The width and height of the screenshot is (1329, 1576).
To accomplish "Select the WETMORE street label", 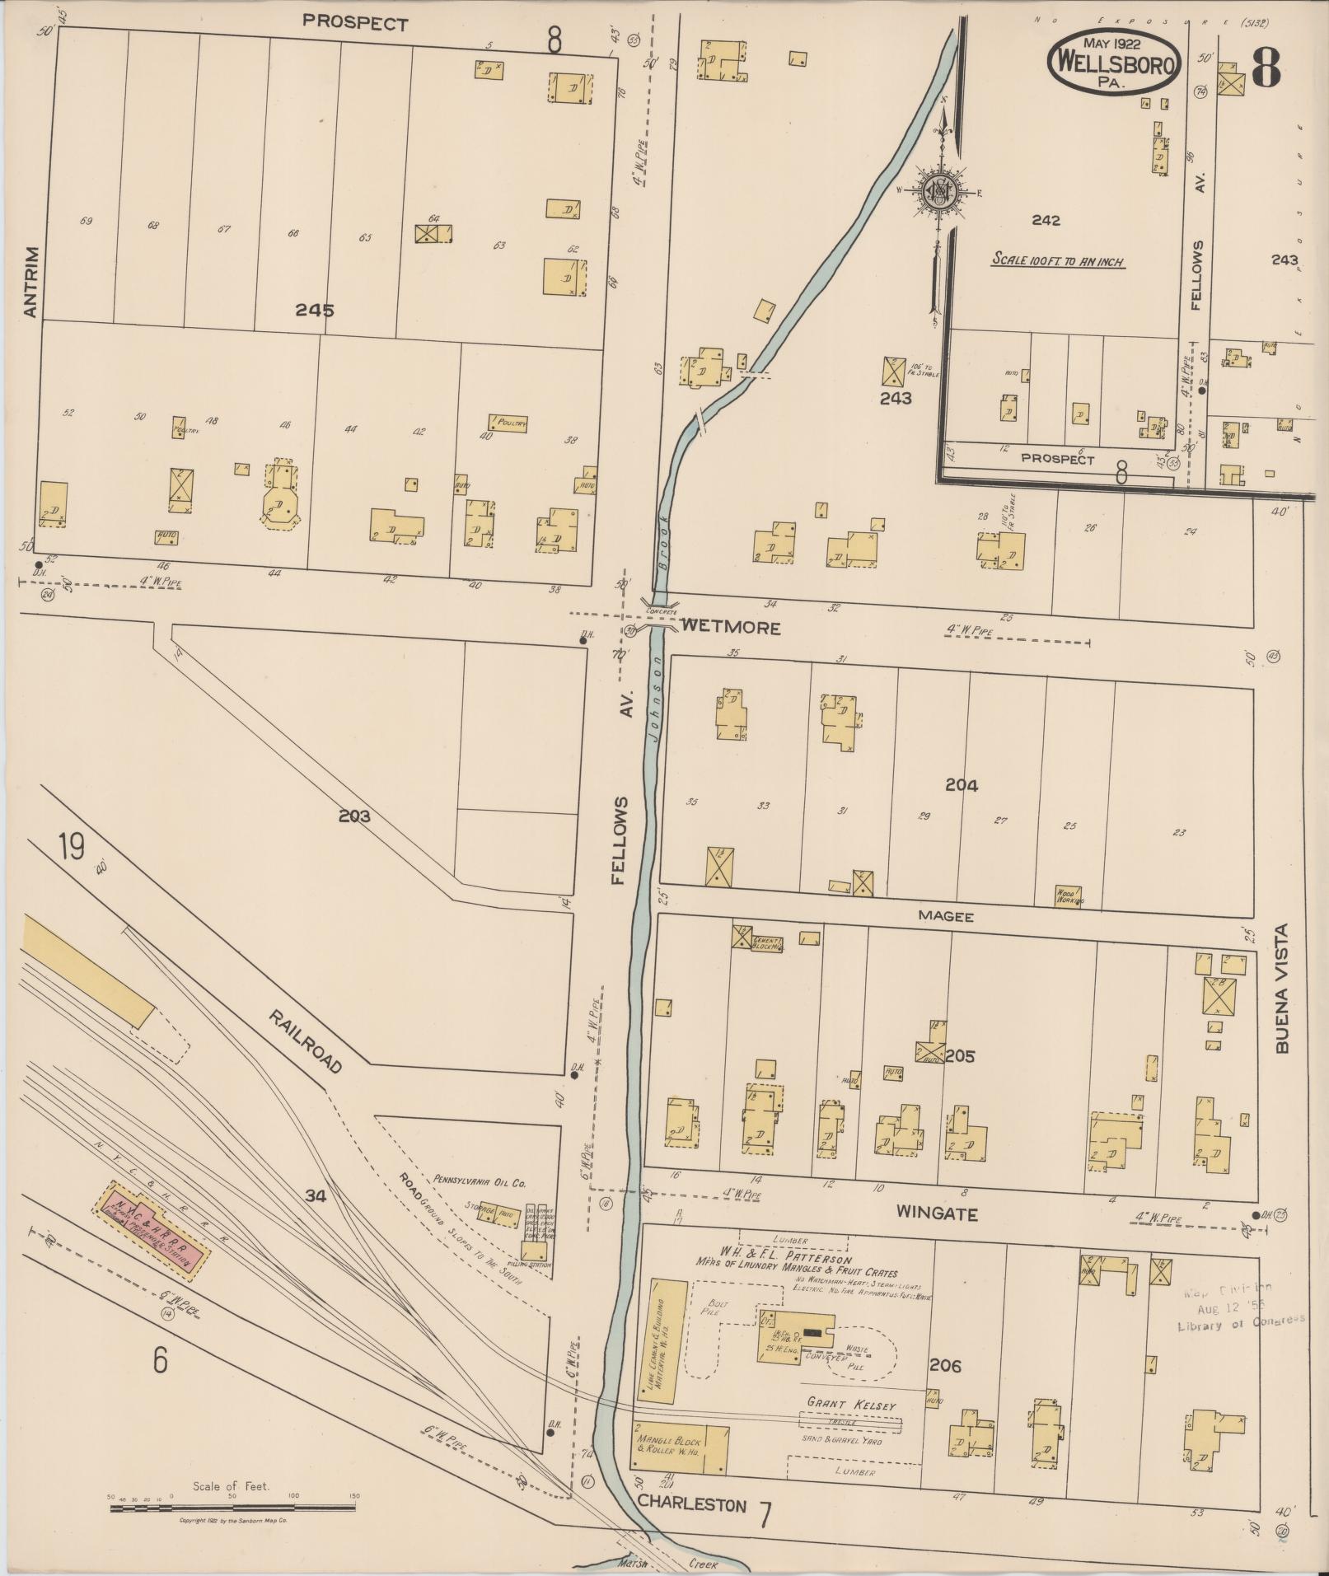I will (730, 628).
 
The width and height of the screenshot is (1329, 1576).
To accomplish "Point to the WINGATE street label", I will (937, 1214).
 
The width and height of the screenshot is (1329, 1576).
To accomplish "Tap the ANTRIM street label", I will (30, 282).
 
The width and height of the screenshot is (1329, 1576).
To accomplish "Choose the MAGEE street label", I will (946, 916).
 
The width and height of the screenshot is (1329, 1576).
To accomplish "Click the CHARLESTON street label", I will (691, 1505).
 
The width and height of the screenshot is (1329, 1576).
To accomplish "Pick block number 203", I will (353, 816).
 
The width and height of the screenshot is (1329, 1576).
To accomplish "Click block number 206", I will (944, 1365).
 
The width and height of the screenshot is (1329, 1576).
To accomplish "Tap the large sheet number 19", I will (71, 847).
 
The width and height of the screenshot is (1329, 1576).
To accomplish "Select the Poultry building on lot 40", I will (508, 423).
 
